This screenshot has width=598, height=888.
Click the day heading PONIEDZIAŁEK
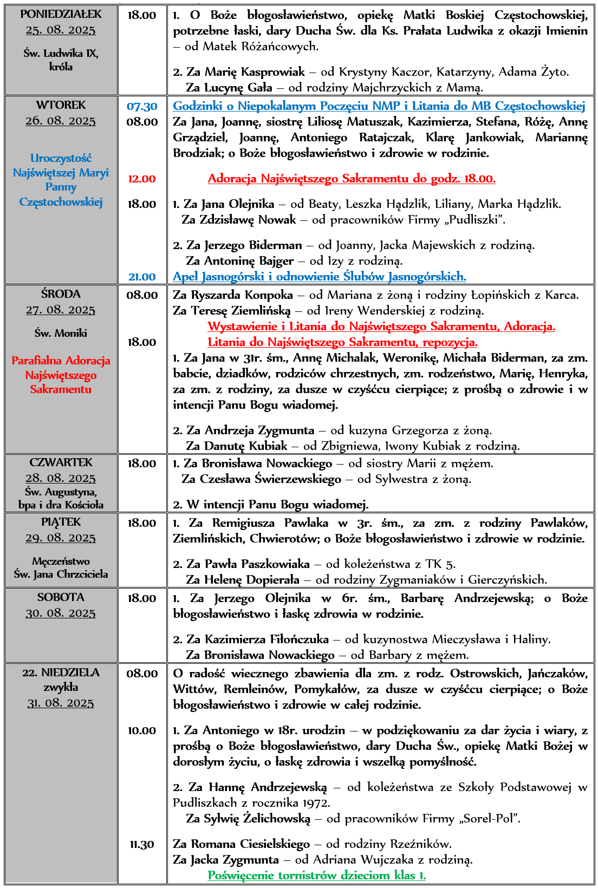(61, 15)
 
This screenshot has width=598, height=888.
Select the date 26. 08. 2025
(61, 121)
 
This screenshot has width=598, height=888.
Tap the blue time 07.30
(142, 107)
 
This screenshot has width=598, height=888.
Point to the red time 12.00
(142, 179)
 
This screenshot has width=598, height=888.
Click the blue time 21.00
(142, 277)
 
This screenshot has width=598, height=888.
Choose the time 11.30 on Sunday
(142, 844)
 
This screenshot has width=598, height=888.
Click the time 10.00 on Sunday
(142, 730)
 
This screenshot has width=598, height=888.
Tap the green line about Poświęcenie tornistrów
(317, 876)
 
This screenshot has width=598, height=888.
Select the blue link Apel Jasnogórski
(320, 277)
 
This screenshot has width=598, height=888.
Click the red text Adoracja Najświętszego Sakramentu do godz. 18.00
(352, 179)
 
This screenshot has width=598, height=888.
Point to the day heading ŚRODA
(61, 294)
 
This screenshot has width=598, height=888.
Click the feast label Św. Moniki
(61, 333)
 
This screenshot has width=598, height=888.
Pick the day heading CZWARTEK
(61, 462)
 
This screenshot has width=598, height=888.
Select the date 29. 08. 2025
(61, 538)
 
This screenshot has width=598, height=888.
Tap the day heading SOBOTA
(61, 597)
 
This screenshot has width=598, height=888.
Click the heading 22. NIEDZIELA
(61, 672)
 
